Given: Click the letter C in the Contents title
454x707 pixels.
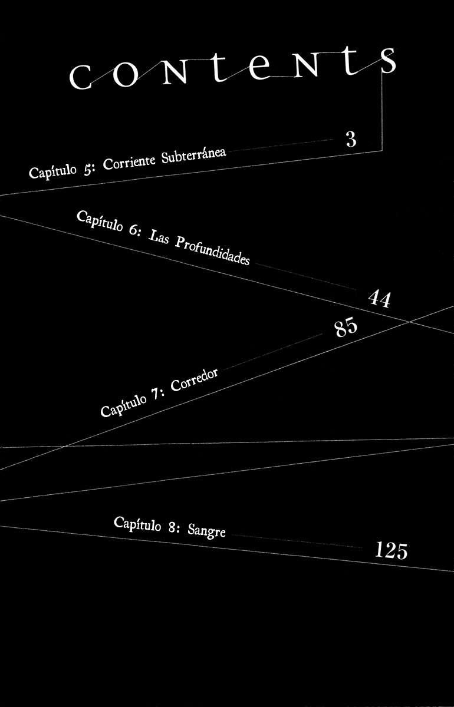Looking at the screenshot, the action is [81, 77].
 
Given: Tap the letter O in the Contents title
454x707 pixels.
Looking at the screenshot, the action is [126, 75].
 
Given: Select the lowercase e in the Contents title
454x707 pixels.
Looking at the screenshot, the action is [259, 68].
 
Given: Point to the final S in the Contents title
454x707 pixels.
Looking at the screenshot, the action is [387, 61].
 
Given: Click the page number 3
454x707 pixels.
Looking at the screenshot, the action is [351, 140].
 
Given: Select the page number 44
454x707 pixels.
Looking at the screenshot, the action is [380, 299].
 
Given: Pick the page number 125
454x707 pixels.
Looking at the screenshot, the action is [392, 551].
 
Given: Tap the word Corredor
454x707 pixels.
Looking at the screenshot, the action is [195, 379].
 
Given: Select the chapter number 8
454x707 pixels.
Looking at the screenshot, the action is [172, 527].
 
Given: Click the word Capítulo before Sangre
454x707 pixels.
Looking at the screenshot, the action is [137, 524].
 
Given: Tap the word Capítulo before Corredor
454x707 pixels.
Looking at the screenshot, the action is [124, 406].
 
